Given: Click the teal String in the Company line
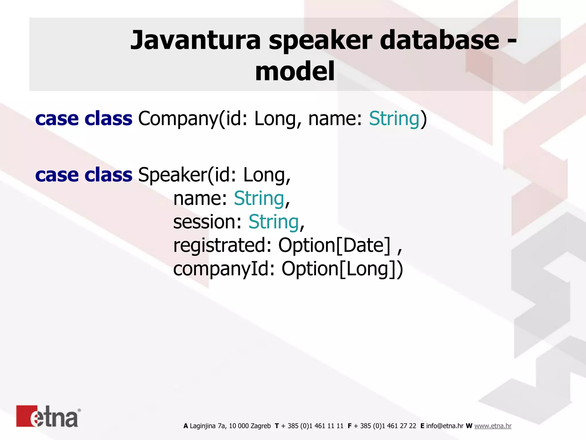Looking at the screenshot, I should (x=394, y=119).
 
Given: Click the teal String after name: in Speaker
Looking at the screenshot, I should (x=259, y=198).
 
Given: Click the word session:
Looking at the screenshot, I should (x=208, y=222).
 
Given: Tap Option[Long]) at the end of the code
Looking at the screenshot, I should (x=342, y=269).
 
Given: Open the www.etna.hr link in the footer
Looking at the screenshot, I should (x=493, y=426).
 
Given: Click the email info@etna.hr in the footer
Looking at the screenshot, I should (x=445, y=426).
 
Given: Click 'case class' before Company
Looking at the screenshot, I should (x=84, y=119).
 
